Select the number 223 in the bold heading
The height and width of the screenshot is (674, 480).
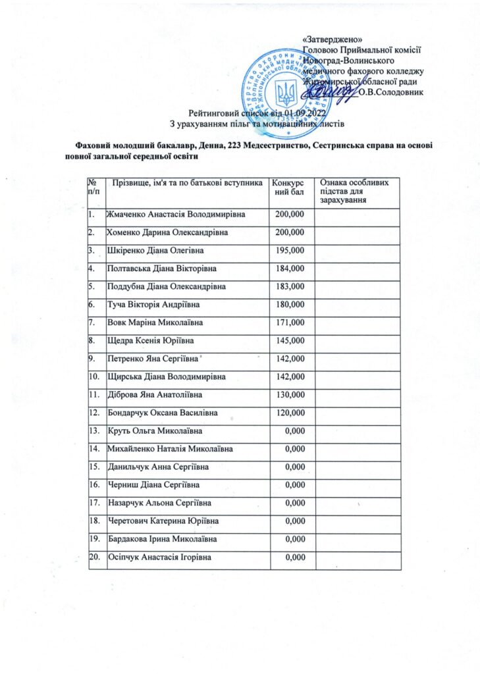234,145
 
